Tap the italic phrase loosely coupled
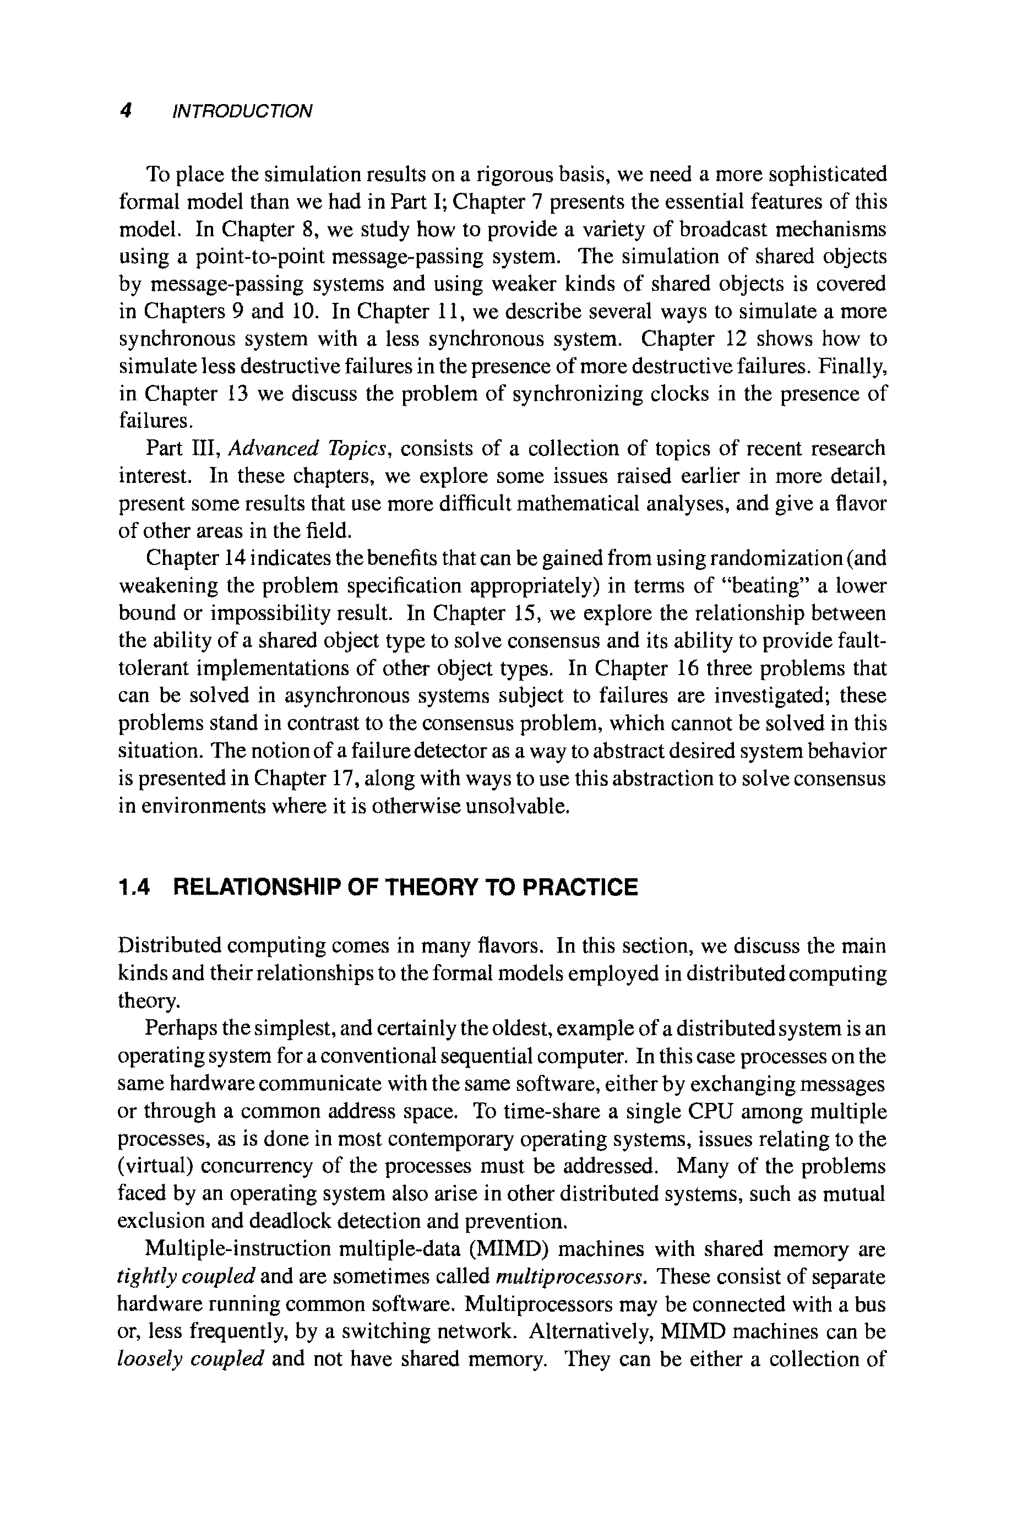pyautogui.click(x=191, y=1360)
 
